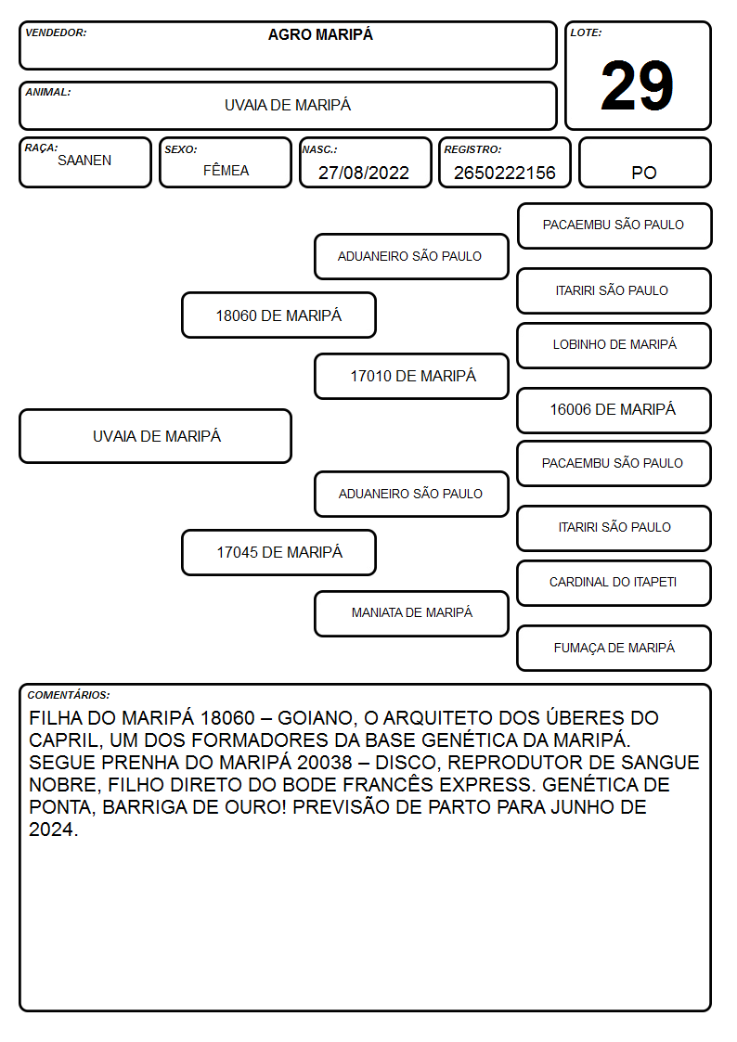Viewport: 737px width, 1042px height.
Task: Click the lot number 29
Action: [x=637, y=85]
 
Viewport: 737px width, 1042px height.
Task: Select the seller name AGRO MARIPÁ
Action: [x=320, y=34]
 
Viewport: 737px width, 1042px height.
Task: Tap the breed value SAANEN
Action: [x=84, y=161]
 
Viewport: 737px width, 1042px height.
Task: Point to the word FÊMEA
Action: [x=226, y=170]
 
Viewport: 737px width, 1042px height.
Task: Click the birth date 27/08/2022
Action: [x=364, y=173]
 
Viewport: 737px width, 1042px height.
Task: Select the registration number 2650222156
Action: [x=504, y=173]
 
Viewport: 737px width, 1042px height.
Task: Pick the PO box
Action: [x=644, y=162]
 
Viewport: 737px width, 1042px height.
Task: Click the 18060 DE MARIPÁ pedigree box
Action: [x=278, y=315]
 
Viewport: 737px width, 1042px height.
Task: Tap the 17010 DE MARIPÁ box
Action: [x=411, y=376]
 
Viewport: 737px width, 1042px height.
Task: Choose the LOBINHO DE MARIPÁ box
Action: [x=614, y=345]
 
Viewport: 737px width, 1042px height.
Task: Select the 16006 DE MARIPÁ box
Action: [x=614, y=410]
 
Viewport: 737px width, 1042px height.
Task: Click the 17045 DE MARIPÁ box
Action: [x=278, y=552]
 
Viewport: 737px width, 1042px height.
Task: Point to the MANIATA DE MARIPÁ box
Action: [x=411, y=613]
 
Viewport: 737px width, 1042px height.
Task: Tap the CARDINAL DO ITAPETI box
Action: [x=614, y=583]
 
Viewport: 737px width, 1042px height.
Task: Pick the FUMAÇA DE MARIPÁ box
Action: [x=614, y=648]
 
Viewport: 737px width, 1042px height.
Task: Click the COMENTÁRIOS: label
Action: [x=69, y=695]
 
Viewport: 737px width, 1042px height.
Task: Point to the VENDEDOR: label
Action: [x=56, y=32]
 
